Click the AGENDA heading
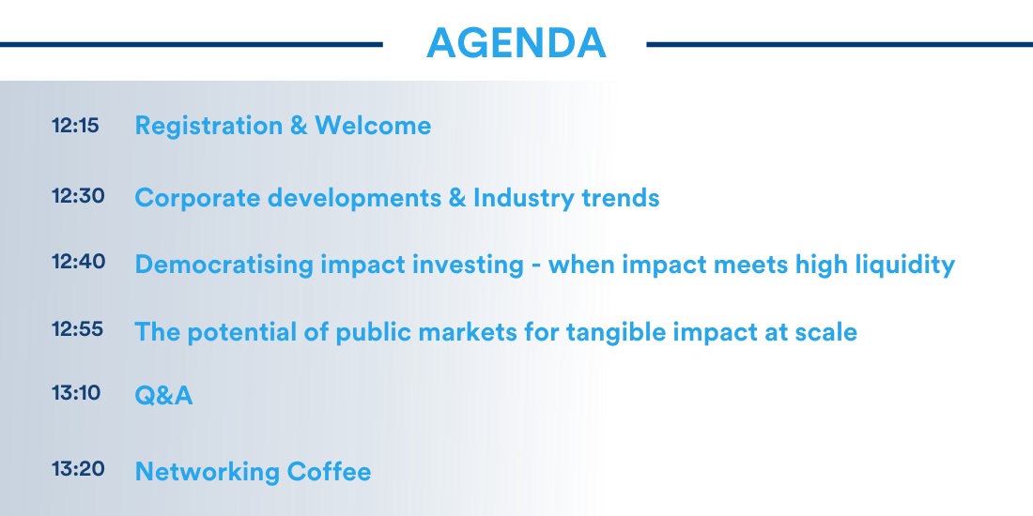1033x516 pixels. [x=516, y=43]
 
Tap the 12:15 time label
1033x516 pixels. [x=75, y=126]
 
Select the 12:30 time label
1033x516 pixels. [x=78, y=195]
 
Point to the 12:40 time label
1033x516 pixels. [x=78, y=262]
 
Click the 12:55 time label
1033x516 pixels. [x=77, y=328]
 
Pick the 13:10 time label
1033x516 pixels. [x=76, y=393]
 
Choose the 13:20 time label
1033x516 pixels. [x=78, y=469]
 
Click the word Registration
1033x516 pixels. [x=208, y=127]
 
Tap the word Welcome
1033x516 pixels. [x=373, y=125]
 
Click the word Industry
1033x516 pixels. [x=523, y=198]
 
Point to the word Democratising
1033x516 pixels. [x=224, y=265]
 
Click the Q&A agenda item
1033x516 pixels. [x=163, y=396]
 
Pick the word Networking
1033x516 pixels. [x=207, y=472]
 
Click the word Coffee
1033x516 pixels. [x=329, y=471]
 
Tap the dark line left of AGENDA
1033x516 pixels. [x=191, y=45]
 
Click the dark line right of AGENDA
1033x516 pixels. [x=840, y=45]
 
